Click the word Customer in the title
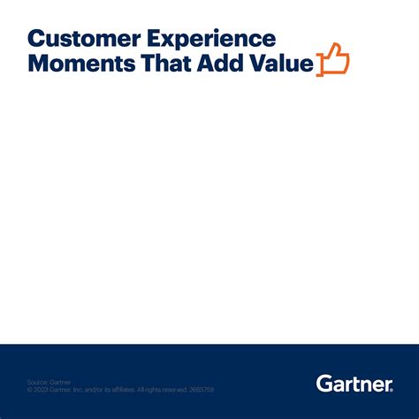pos(74,39)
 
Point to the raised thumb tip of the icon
pos(334,46)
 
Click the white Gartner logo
pos(354,383)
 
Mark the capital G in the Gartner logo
pos(324,383)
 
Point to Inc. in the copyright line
pos(79,390)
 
